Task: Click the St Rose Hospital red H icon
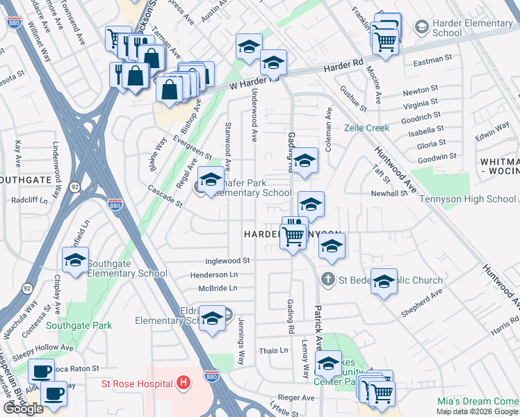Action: (x=184, y=382)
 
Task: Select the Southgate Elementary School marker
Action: (x=75, y=261)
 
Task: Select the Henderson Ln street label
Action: (x=213, y=275)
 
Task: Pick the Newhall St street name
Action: (x=388, y=193)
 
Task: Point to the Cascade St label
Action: (x=164, y=197)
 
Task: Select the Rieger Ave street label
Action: (x=299, y=398)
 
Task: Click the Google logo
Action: (x=23, y=409)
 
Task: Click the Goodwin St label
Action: (x=437, y=156)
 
